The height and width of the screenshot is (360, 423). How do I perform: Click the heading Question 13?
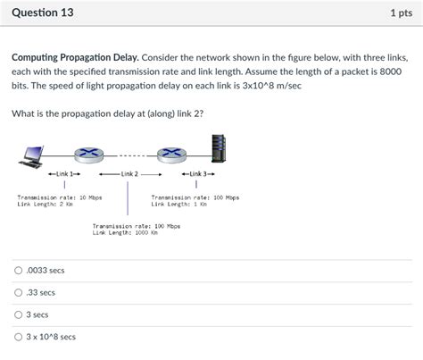(43, 13)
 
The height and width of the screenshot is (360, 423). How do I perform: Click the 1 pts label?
(400, 13)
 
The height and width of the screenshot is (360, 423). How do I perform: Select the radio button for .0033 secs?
(19, 270)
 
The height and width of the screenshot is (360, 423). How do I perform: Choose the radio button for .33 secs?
(19, 292)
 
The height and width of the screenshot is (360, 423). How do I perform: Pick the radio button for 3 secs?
(19, 314)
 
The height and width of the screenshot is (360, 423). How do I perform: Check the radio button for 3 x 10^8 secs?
(19, 337)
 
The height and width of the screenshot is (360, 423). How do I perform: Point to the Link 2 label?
(127, 173)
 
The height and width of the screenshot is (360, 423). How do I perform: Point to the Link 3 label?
(198, 173)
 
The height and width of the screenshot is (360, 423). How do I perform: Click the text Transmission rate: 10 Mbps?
(59, 197)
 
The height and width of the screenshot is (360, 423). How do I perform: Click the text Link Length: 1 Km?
(179, 204)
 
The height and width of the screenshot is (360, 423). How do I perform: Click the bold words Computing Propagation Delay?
(74, 57)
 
